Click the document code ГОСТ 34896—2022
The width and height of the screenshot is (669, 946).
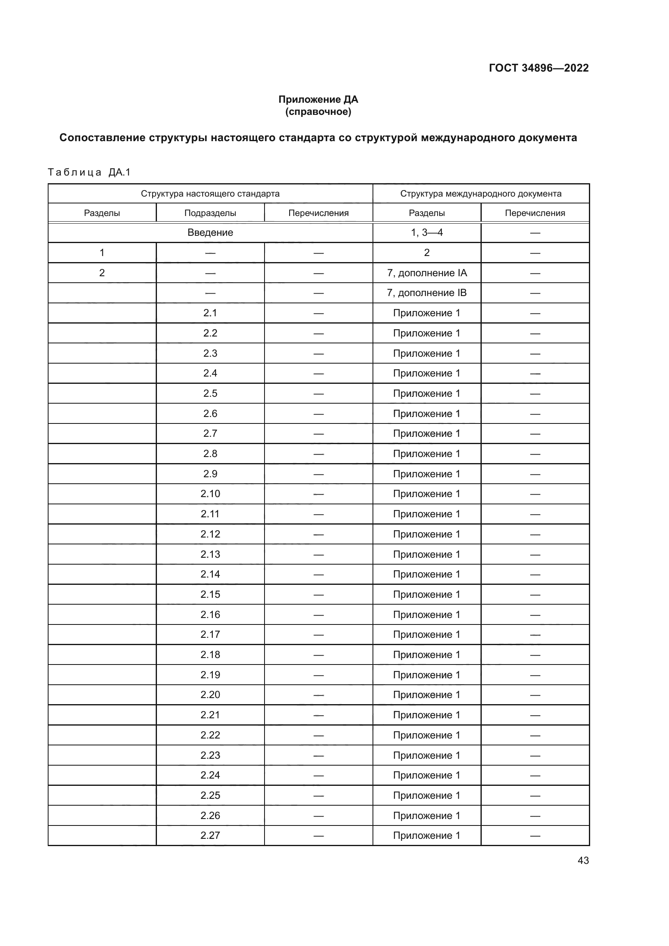pos(538,68)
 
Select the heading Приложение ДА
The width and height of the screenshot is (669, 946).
pos(318,99)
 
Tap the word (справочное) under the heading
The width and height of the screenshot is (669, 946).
pos(318,112)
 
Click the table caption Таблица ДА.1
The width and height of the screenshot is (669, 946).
pos(89,172)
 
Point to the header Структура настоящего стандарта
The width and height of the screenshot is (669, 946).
pos(210,194)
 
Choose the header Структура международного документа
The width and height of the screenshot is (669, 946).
pos(481,194)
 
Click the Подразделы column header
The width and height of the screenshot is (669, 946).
pos(210,213)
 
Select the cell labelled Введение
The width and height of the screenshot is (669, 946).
pos(210,233)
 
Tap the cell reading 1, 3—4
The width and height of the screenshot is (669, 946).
pos(426,233)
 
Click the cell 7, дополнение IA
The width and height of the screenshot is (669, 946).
pos(426,273)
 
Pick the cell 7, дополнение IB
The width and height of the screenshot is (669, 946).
pos(426,293)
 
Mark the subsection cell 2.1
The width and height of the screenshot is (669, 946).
pos(210,313)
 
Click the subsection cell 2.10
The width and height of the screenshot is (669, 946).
pos(210,493)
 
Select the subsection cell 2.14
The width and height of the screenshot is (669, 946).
pos(210,574)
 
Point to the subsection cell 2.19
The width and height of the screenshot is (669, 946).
pos(210,675)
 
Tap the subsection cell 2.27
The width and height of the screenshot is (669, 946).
pos(210,835)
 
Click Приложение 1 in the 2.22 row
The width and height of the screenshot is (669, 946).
pos(426,735)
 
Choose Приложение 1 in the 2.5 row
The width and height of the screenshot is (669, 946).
pos(426,394)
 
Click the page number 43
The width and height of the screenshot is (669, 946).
pos(583,860)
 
